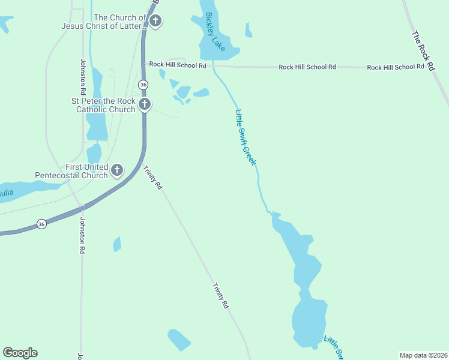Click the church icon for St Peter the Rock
point(144,105)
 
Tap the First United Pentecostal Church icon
point(117,171)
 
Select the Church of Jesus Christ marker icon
point(155,22)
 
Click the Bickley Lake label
point(215,32)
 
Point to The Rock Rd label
point(423,52)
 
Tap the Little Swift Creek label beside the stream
point(246,137)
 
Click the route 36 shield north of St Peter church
point(143,85)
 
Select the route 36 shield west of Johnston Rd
point(41,224)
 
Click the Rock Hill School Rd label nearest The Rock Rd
point(400,67)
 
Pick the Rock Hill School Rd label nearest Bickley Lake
point(178,64)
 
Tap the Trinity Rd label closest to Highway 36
point(152,178)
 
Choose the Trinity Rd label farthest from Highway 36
point(221,296)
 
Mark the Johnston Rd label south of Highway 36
point(82,235)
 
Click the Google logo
point(20,353)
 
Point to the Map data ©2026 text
point(423,355)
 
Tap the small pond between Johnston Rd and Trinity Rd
point(117,244)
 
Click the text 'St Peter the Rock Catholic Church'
point(105,105)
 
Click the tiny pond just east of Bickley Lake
point(249,30)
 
